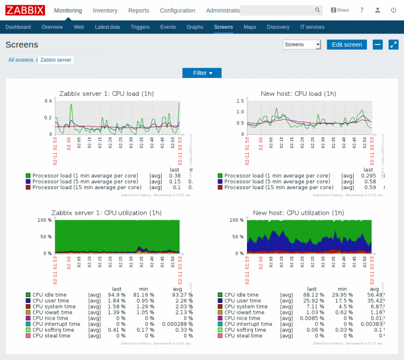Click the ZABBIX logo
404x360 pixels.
coord(25,10)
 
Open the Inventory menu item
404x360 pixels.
coord(105,10)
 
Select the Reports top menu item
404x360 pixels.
coord(139,10)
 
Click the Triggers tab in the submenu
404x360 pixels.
coord(140,27)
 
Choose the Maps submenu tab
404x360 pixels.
coord(249,27)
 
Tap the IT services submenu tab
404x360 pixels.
coord(312,27)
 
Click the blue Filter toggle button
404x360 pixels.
coord(202,73)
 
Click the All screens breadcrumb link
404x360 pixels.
coord(21,60)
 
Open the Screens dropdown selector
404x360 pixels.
coord(302,44)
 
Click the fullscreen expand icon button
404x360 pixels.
coord(393,44)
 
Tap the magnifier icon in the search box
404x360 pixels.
coord(317,10)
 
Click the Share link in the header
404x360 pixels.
coord(340,10)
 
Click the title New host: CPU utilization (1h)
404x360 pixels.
coord(299,213)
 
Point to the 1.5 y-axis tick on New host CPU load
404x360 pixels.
coord(240,100)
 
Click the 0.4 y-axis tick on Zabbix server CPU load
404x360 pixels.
coord(48,100)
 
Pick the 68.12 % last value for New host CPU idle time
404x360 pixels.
coord(312,295)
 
